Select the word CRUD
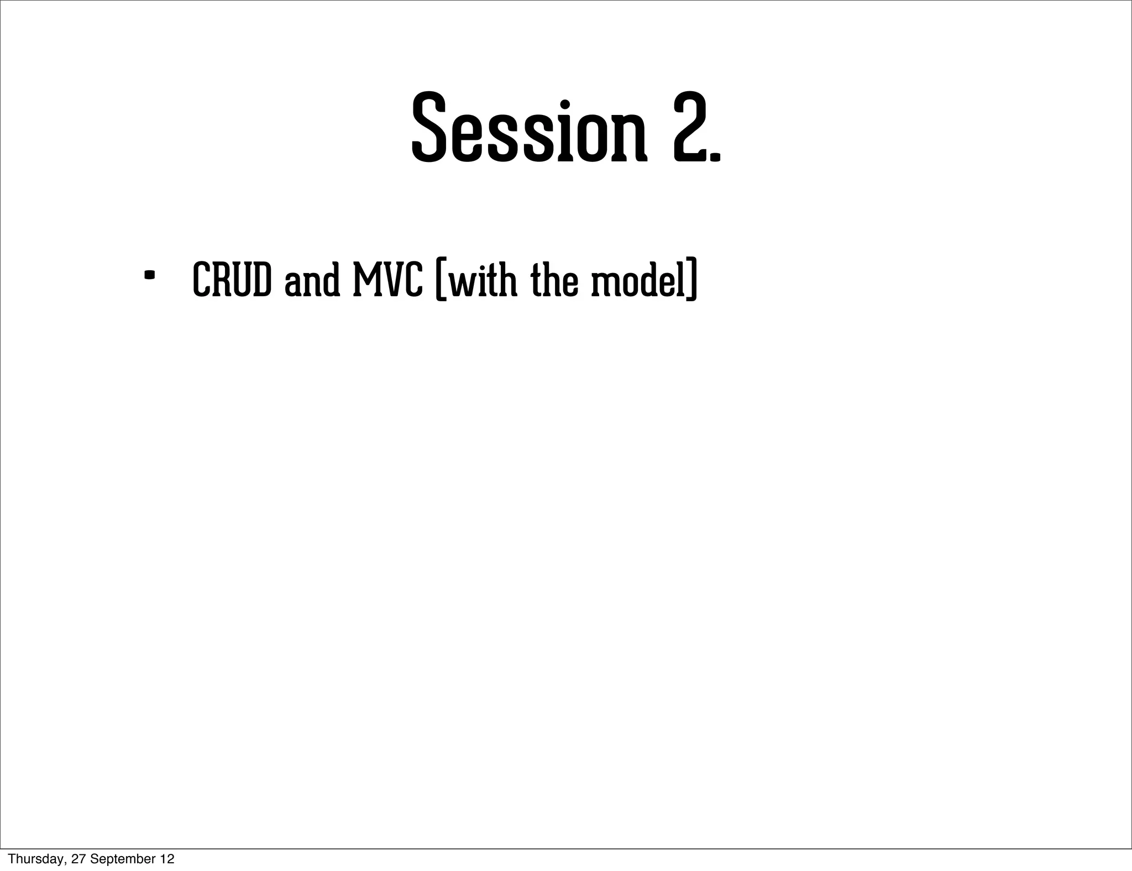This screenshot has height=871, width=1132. point(232,280)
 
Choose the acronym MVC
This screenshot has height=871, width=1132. point(387,280)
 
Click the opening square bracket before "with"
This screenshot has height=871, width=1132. point(441,281)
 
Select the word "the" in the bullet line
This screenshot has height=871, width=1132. point(554,280)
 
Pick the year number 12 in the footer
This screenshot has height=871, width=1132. point(167,859)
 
